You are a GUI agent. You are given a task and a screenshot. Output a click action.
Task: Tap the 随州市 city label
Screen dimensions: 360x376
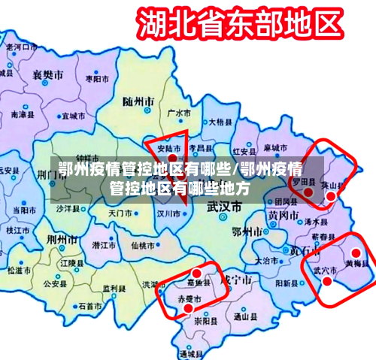pos(138,100)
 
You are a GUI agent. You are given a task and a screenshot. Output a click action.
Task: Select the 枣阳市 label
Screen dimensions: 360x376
pos(96,78)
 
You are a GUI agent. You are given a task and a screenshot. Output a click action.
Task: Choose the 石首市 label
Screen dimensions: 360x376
pos(89,307)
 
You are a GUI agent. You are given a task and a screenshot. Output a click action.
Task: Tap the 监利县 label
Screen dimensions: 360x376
pos(114,288)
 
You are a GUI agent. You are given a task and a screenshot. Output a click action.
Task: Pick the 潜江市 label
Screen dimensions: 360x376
pos(103,245)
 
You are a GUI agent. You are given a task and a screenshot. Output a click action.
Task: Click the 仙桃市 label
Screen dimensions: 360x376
pos(142,245)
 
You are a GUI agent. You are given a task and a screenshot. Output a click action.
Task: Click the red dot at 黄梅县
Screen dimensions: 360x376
pos(356,253)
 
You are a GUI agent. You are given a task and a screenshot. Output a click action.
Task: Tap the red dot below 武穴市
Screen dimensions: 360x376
pos(327,280)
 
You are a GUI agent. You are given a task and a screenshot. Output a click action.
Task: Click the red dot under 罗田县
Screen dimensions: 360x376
pos(308,192)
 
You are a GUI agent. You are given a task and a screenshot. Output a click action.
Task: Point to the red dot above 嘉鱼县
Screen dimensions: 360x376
pos(197,273)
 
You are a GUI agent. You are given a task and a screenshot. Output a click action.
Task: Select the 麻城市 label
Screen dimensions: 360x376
pos(274,147)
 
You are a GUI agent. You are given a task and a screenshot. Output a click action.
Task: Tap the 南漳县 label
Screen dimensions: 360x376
pos(22,116)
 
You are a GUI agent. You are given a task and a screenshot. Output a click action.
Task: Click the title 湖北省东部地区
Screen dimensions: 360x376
pos(237,24)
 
